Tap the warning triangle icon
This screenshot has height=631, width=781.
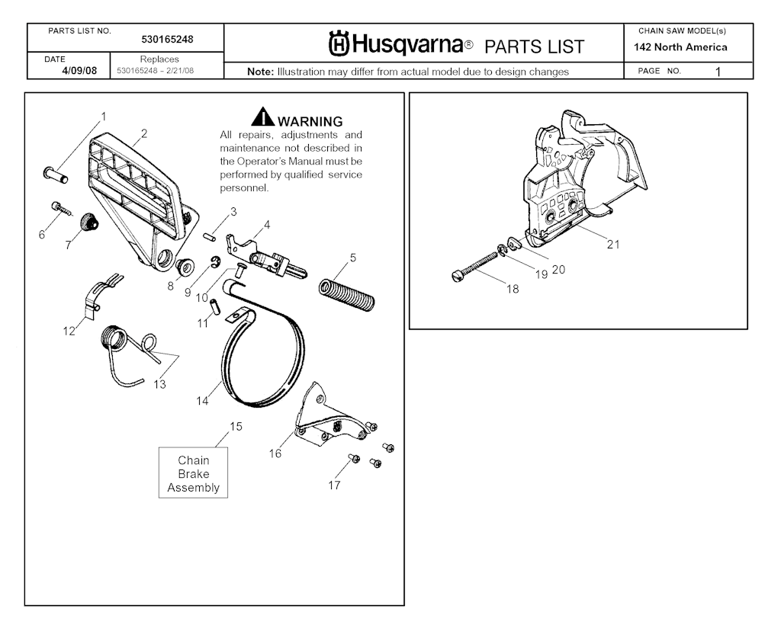click(263, 118)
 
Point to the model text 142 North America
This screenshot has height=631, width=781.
click(680, 47)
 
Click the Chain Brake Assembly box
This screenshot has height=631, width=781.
click(193, 473)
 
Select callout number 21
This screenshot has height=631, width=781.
click(613, 245)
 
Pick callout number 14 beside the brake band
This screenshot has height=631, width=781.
click(202, 401)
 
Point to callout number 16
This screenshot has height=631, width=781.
click(275, 453)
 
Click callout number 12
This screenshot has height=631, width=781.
click(69, 332)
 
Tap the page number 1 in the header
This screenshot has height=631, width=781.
click(718, 72)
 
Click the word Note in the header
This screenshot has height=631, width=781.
click(260, 72)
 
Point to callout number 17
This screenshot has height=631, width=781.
click(334, 485)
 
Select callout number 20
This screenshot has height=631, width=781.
click(558, 269)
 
